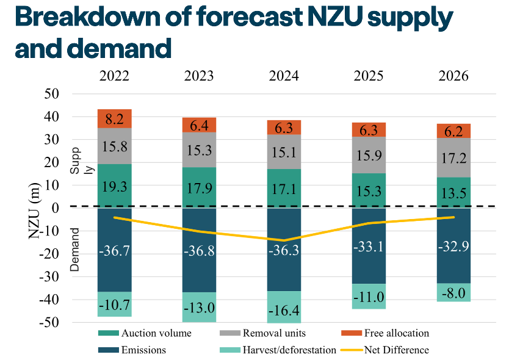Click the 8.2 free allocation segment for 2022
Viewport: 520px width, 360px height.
[114, 118]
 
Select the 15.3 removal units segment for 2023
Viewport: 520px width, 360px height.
[199, 150]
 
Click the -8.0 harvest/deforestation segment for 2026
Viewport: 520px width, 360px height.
[453, 292]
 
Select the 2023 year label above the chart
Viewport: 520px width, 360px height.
[199, 76]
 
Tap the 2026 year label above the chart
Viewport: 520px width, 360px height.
[453, 76]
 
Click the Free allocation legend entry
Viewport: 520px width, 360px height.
[397, 333]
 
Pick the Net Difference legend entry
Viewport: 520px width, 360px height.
[397, 350]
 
